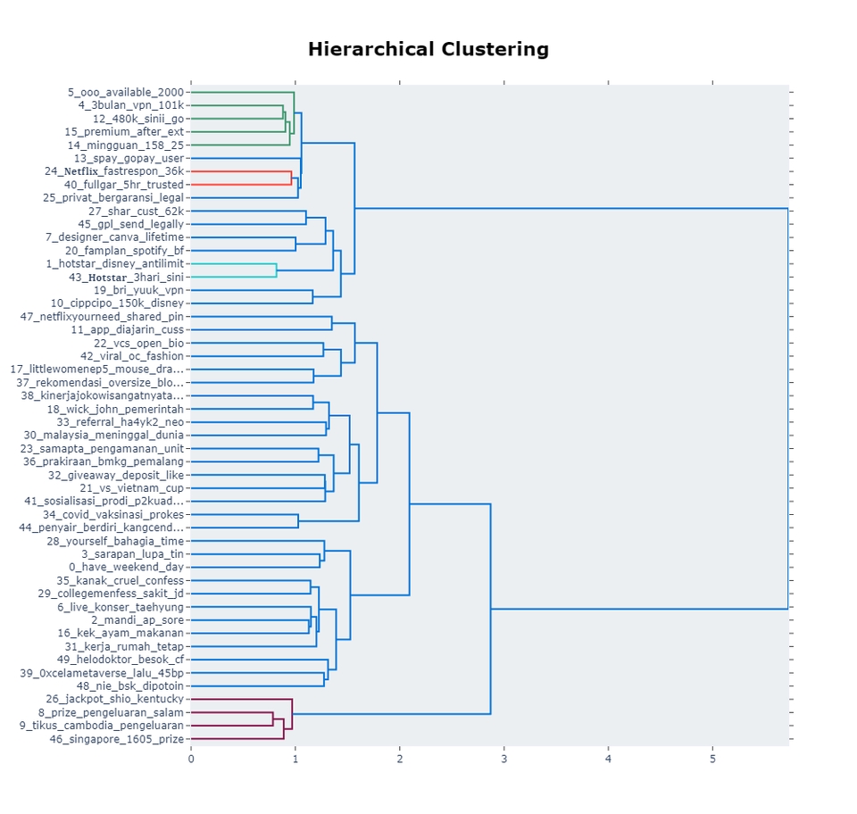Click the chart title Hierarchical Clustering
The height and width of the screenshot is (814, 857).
(428, 49)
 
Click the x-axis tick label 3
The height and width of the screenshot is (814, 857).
(504, 758)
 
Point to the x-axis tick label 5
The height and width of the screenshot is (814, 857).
(713, 758)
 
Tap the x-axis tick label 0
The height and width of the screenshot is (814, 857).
(191, 758)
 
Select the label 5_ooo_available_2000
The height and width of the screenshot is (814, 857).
(126, 92)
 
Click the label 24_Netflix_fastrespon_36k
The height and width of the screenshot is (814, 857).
(114, 171)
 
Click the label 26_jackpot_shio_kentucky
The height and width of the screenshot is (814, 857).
(115, 700)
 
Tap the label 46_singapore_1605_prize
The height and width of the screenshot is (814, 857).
(117, 739)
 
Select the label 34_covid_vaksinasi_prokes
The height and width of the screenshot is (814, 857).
(113, 515)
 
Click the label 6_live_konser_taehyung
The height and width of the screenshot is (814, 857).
(121, 607)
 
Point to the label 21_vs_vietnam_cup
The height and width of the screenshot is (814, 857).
(132, 488)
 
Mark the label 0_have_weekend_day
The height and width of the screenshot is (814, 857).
(127, 568)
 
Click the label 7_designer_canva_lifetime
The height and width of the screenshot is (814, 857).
(115, 237)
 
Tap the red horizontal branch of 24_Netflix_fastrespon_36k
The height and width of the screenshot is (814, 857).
(241, 171)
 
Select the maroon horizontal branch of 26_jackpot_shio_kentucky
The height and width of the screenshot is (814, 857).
(241, 700)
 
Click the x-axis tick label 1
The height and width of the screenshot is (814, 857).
(295, 758)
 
